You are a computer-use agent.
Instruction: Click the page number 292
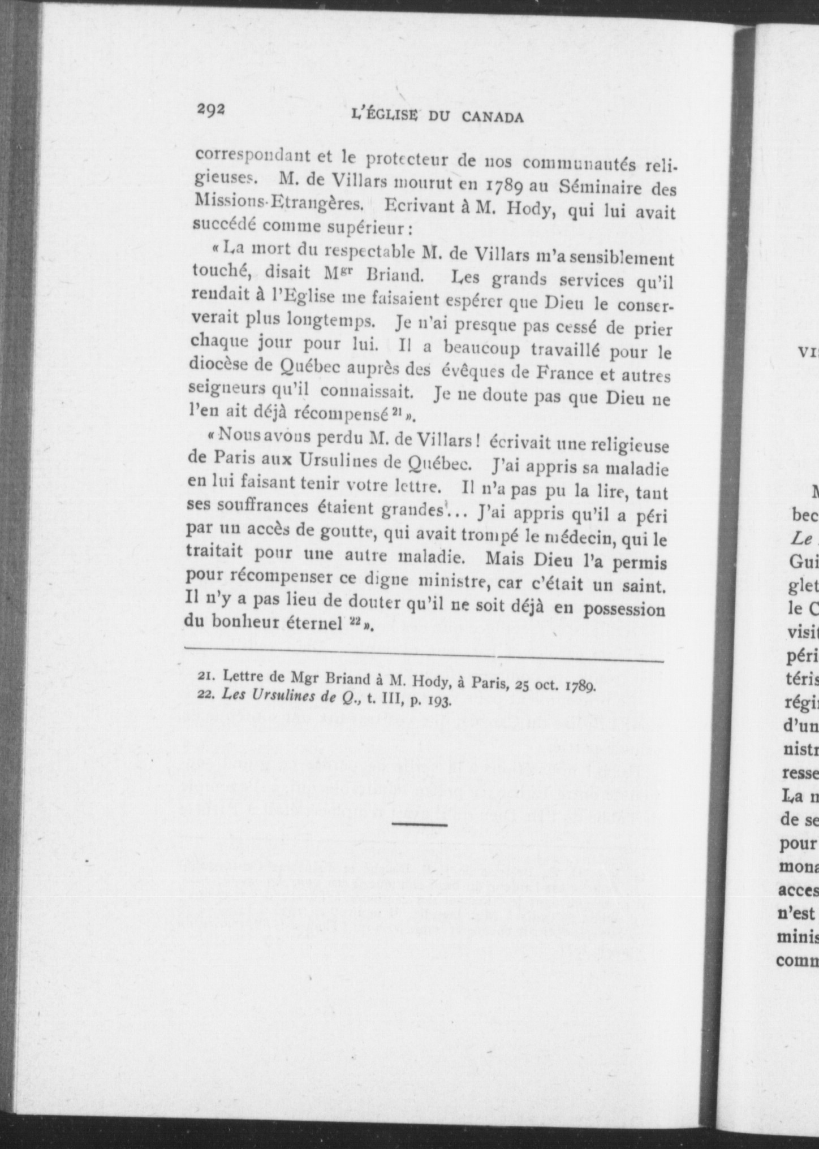click(212, 110)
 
